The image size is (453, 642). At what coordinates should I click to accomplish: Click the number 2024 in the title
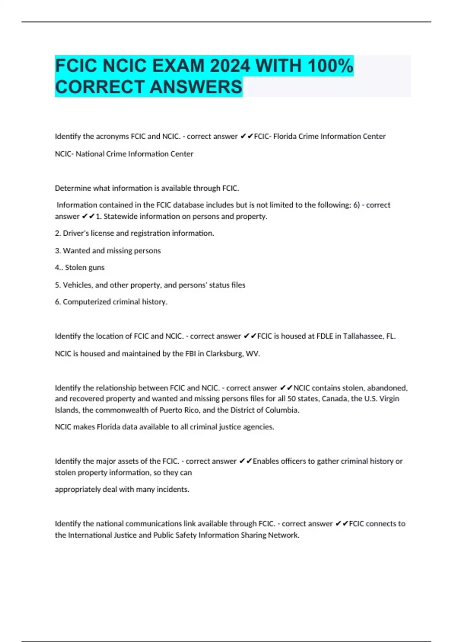pyautogui.click(x=230, y=66)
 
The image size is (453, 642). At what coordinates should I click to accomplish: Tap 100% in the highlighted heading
pyautogui.click(x=330, y=66)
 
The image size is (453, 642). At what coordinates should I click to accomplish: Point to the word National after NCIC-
pyautogui.click(x=90, y=154)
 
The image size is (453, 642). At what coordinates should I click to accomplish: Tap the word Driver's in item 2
pyautogui.click(x=75, y=233)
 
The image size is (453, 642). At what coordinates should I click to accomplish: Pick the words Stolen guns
pyautogui.click(x=85, y=267)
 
